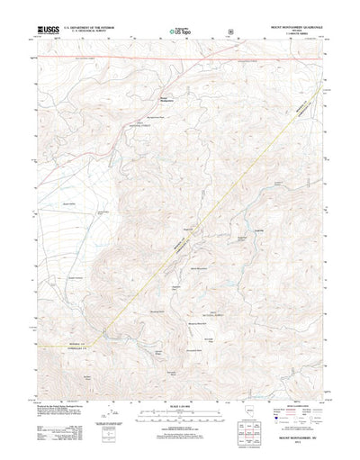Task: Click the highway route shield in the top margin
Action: click(x=229, y=41)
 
